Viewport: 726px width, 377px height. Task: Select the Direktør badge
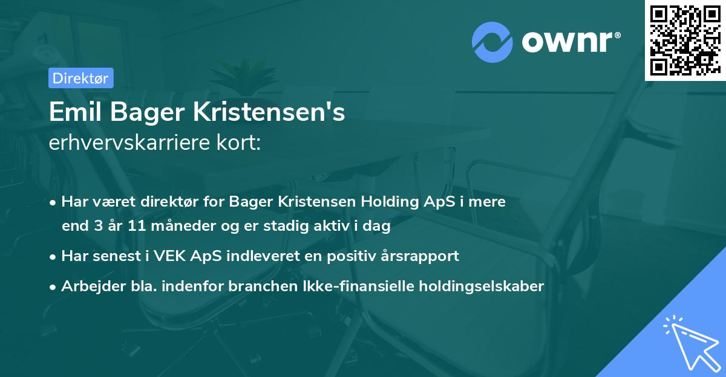(80, 77)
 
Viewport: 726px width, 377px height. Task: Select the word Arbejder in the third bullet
(88, 286)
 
